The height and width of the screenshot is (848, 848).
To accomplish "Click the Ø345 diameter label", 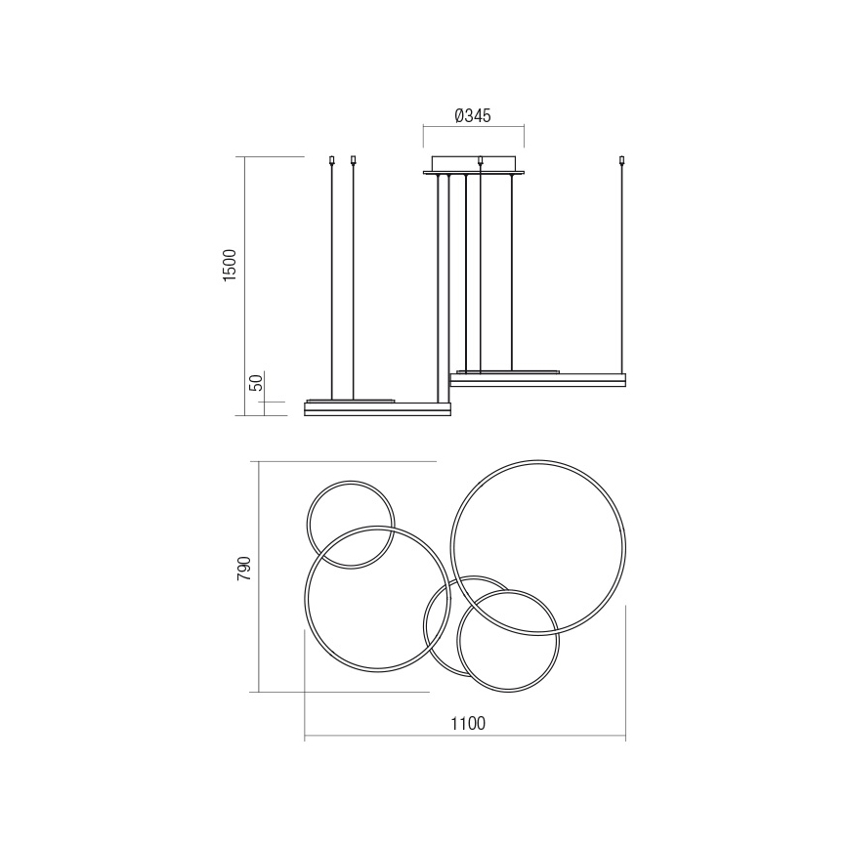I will (473, 115).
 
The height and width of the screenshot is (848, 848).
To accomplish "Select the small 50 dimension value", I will (256, 383).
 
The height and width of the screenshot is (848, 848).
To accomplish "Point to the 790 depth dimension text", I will (244, 569).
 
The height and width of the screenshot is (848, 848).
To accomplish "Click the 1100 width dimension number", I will (468, 724).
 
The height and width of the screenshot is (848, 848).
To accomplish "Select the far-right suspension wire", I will (621, 264).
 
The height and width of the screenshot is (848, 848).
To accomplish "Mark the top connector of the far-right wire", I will (621, 159).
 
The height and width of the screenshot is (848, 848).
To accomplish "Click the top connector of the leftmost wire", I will (333, 159).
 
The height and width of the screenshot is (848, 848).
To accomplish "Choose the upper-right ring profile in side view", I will (536, 379).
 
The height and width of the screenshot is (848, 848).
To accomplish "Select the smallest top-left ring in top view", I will (351, 482).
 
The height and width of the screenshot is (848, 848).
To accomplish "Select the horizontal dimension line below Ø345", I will (473, 126).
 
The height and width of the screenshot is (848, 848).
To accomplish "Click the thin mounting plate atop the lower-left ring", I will (352, 401).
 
